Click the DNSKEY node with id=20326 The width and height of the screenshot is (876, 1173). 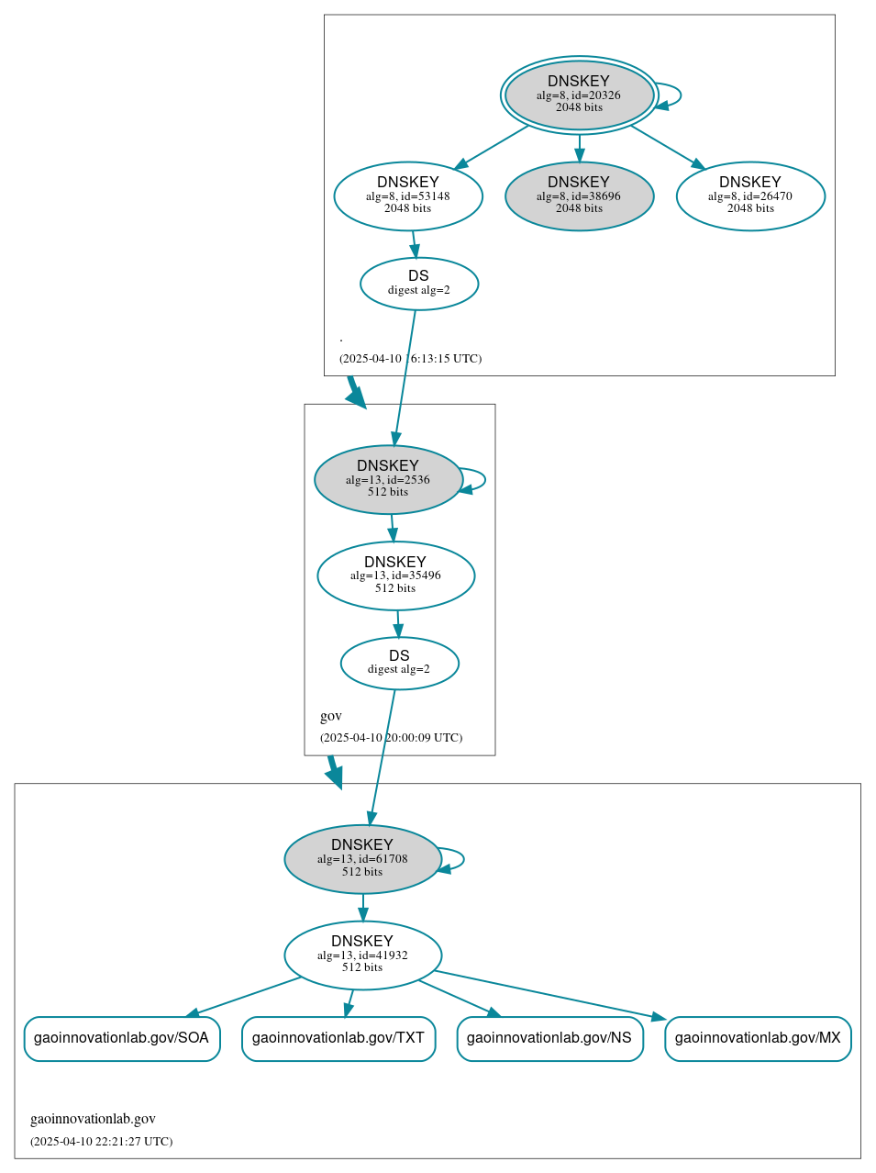pos(579,95)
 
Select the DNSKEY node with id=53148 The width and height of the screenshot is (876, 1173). pos(408,195)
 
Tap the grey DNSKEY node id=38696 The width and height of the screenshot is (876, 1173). pos(579,195)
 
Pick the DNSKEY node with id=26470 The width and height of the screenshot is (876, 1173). pos(750,195)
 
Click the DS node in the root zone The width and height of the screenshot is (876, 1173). pos(419,284)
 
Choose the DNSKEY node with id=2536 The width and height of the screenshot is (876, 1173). pos(388,479)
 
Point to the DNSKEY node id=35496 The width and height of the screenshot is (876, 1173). pos(395,575)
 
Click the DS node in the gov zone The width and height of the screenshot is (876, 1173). pos(399,663)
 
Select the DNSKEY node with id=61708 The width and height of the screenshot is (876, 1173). pos(362,859)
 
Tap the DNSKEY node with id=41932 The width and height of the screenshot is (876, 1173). pos(362,955)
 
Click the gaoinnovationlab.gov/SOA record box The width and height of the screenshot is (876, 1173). pos(121,1038)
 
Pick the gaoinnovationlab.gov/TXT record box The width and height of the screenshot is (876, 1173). pos(338,1038)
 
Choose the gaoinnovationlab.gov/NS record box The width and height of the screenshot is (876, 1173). pos(549,1038)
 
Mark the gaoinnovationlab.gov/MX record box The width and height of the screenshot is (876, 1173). pos(758,1038)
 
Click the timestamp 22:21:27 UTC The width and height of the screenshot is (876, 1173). pos(101,1142)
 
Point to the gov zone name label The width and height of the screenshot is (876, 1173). pos(331,716)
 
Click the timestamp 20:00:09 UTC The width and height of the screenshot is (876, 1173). pos(391,738)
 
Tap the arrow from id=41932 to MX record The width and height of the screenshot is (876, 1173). pos(550,995)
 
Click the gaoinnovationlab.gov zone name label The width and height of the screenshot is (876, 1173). pos(93,1119)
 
